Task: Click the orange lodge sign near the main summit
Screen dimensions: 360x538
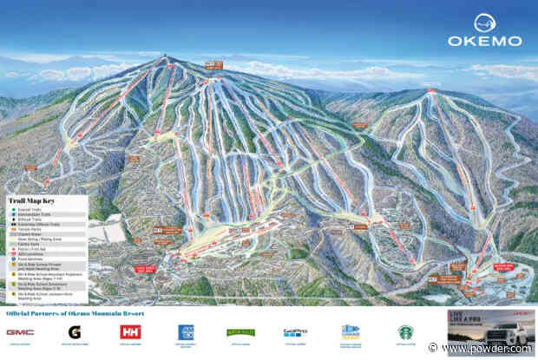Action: point(213,64)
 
